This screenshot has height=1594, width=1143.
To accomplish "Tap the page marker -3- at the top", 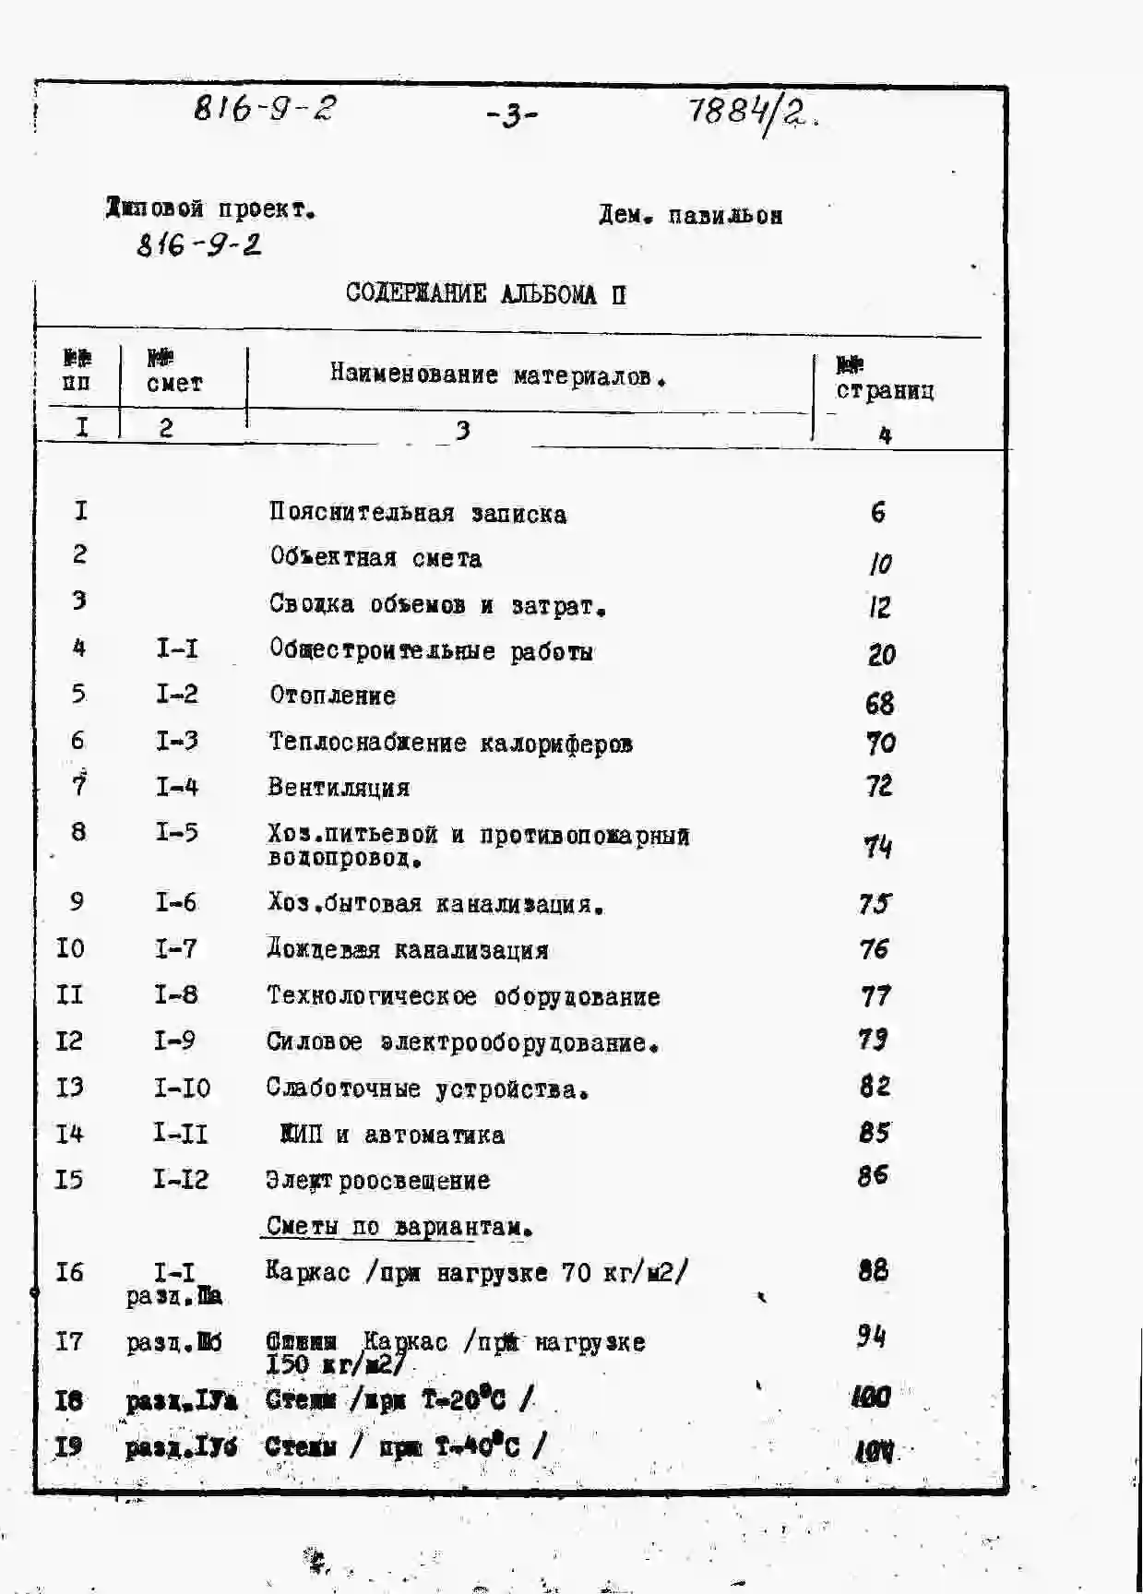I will pos(512,116).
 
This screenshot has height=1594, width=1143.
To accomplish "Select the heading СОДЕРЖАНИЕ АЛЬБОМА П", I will pos(486,294).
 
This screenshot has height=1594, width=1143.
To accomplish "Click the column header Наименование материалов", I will pos(498,375).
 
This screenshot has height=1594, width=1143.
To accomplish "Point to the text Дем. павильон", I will pos(690,215).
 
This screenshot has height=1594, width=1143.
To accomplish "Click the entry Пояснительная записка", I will pos(417,513).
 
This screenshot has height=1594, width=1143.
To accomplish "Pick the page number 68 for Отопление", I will pos(879,703).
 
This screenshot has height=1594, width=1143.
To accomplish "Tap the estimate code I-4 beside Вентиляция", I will pos(176,787).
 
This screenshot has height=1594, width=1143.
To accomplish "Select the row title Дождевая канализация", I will pos(408,950).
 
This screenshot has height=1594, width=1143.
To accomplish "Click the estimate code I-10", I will pos(182,1088).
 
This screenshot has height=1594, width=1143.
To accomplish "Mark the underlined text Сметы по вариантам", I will pos(399,1227).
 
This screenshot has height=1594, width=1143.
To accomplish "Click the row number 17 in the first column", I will pos(69,1340).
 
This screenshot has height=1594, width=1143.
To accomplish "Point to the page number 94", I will pos(870,1336).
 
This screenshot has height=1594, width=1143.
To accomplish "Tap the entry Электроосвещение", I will pos(377,1181).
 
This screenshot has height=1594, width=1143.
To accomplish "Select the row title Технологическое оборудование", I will pos(463,996).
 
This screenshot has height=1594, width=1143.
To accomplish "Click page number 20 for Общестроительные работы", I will pos(881,654).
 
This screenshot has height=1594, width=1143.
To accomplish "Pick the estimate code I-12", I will pos(181,1180).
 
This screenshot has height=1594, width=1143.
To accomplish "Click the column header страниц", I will pos(885,390).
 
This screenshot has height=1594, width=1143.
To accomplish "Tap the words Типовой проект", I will pos(210,209).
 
